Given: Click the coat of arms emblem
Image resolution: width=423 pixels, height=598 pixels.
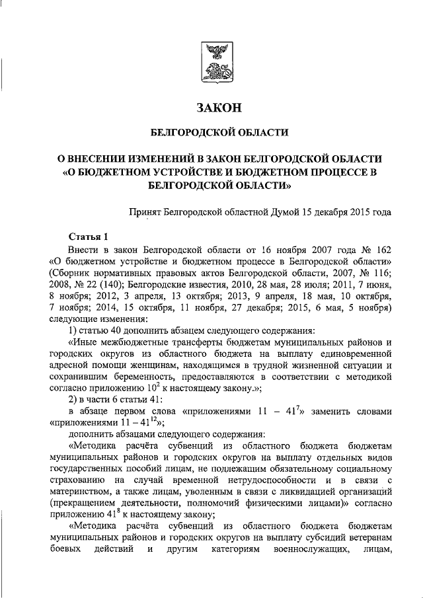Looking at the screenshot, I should pyautogui.click(x=218, y=63).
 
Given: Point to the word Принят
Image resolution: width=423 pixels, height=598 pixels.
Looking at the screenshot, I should pyautogui.click(x=145, y=212).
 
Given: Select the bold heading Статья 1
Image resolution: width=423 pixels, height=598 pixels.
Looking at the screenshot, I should pyautogui.click(x=88, y=236).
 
